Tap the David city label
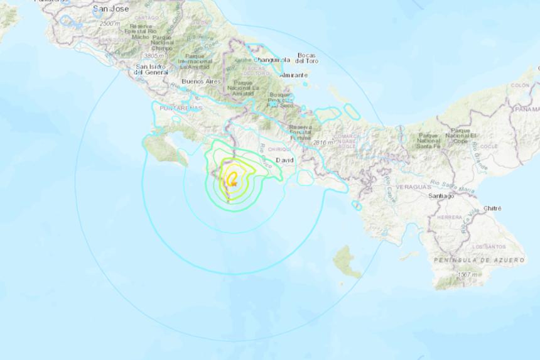point(284,160)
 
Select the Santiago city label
point(441,196)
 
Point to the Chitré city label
point(493,207)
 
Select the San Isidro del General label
point(151,69)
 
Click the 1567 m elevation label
point(467,275)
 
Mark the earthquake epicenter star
point(233,182)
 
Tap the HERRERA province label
point(450,217)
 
